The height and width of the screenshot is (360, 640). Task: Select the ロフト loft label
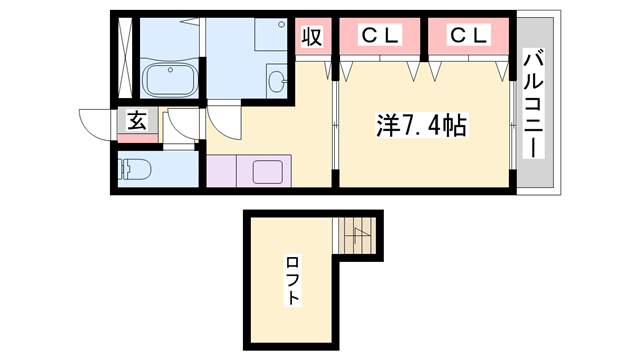tap(293, 281)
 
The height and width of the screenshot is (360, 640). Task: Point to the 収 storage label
tap(312, 37)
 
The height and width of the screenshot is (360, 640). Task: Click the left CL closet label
tap(380, 36)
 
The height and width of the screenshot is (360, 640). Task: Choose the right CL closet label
tap(468, 36)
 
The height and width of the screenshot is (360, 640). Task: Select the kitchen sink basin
tap(268, 171)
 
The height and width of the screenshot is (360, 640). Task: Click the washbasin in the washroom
tap(276, 79)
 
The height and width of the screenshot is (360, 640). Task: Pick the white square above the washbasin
tap(267, 37)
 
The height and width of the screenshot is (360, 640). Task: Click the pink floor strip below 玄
tap(137, 139)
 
